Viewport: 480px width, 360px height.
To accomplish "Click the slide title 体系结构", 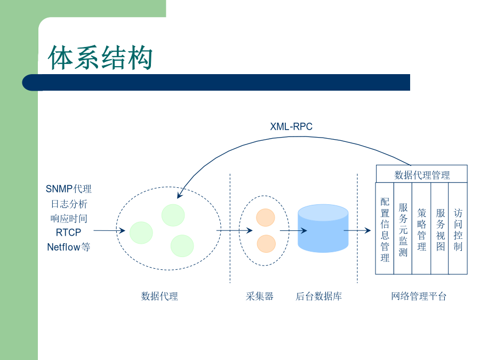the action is (x=100, y=57).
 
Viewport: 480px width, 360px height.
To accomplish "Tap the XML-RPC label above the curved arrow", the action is (x=291, y=126).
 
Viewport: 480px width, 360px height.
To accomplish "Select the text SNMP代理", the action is (x=69, y=189).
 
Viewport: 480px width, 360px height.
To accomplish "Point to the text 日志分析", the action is (x=69, y=204).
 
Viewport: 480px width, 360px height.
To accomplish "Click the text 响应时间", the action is (x=69, y=218).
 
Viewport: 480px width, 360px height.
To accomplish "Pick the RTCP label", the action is (x=68, y=233).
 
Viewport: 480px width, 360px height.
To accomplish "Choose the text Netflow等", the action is (x=69, y=247).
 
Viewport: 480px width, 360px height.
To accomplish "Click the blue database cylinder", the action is (x=323, y=228).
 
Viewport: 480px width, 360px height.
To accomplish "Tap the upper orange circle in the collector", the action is (x=266, y=218).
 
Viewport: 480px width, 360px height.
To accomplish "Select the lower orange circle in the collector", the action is (x=266, y=244).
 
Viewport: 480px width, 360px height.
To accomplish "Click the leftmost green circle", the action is (x=141, y=233).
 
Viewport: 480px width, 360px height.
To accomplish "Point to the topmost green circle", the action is (x=173, y=215).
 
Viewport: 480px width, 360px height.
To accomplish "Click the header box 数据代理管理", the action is (x=421, y=174).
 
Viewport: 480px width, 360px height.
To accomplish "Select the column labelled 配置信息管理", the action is (x=385, y=228).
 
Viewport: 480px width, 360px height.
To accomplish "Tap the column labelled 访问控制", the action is (x=458, y=228).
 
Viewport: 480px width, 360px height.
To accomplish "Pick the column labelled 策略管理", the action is (x=421, y=228).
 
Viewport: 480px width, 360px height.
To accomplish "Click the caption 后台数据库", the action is (x=319, y=297).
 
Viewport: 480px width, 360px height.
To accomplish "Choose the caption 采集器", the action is (x=259, y=297).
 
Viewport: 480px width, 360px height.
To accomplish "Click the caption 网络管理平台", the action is (x=419, y=297).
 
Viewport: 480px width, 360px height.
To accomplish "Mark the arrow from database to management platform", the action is (x=357, y=230).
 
